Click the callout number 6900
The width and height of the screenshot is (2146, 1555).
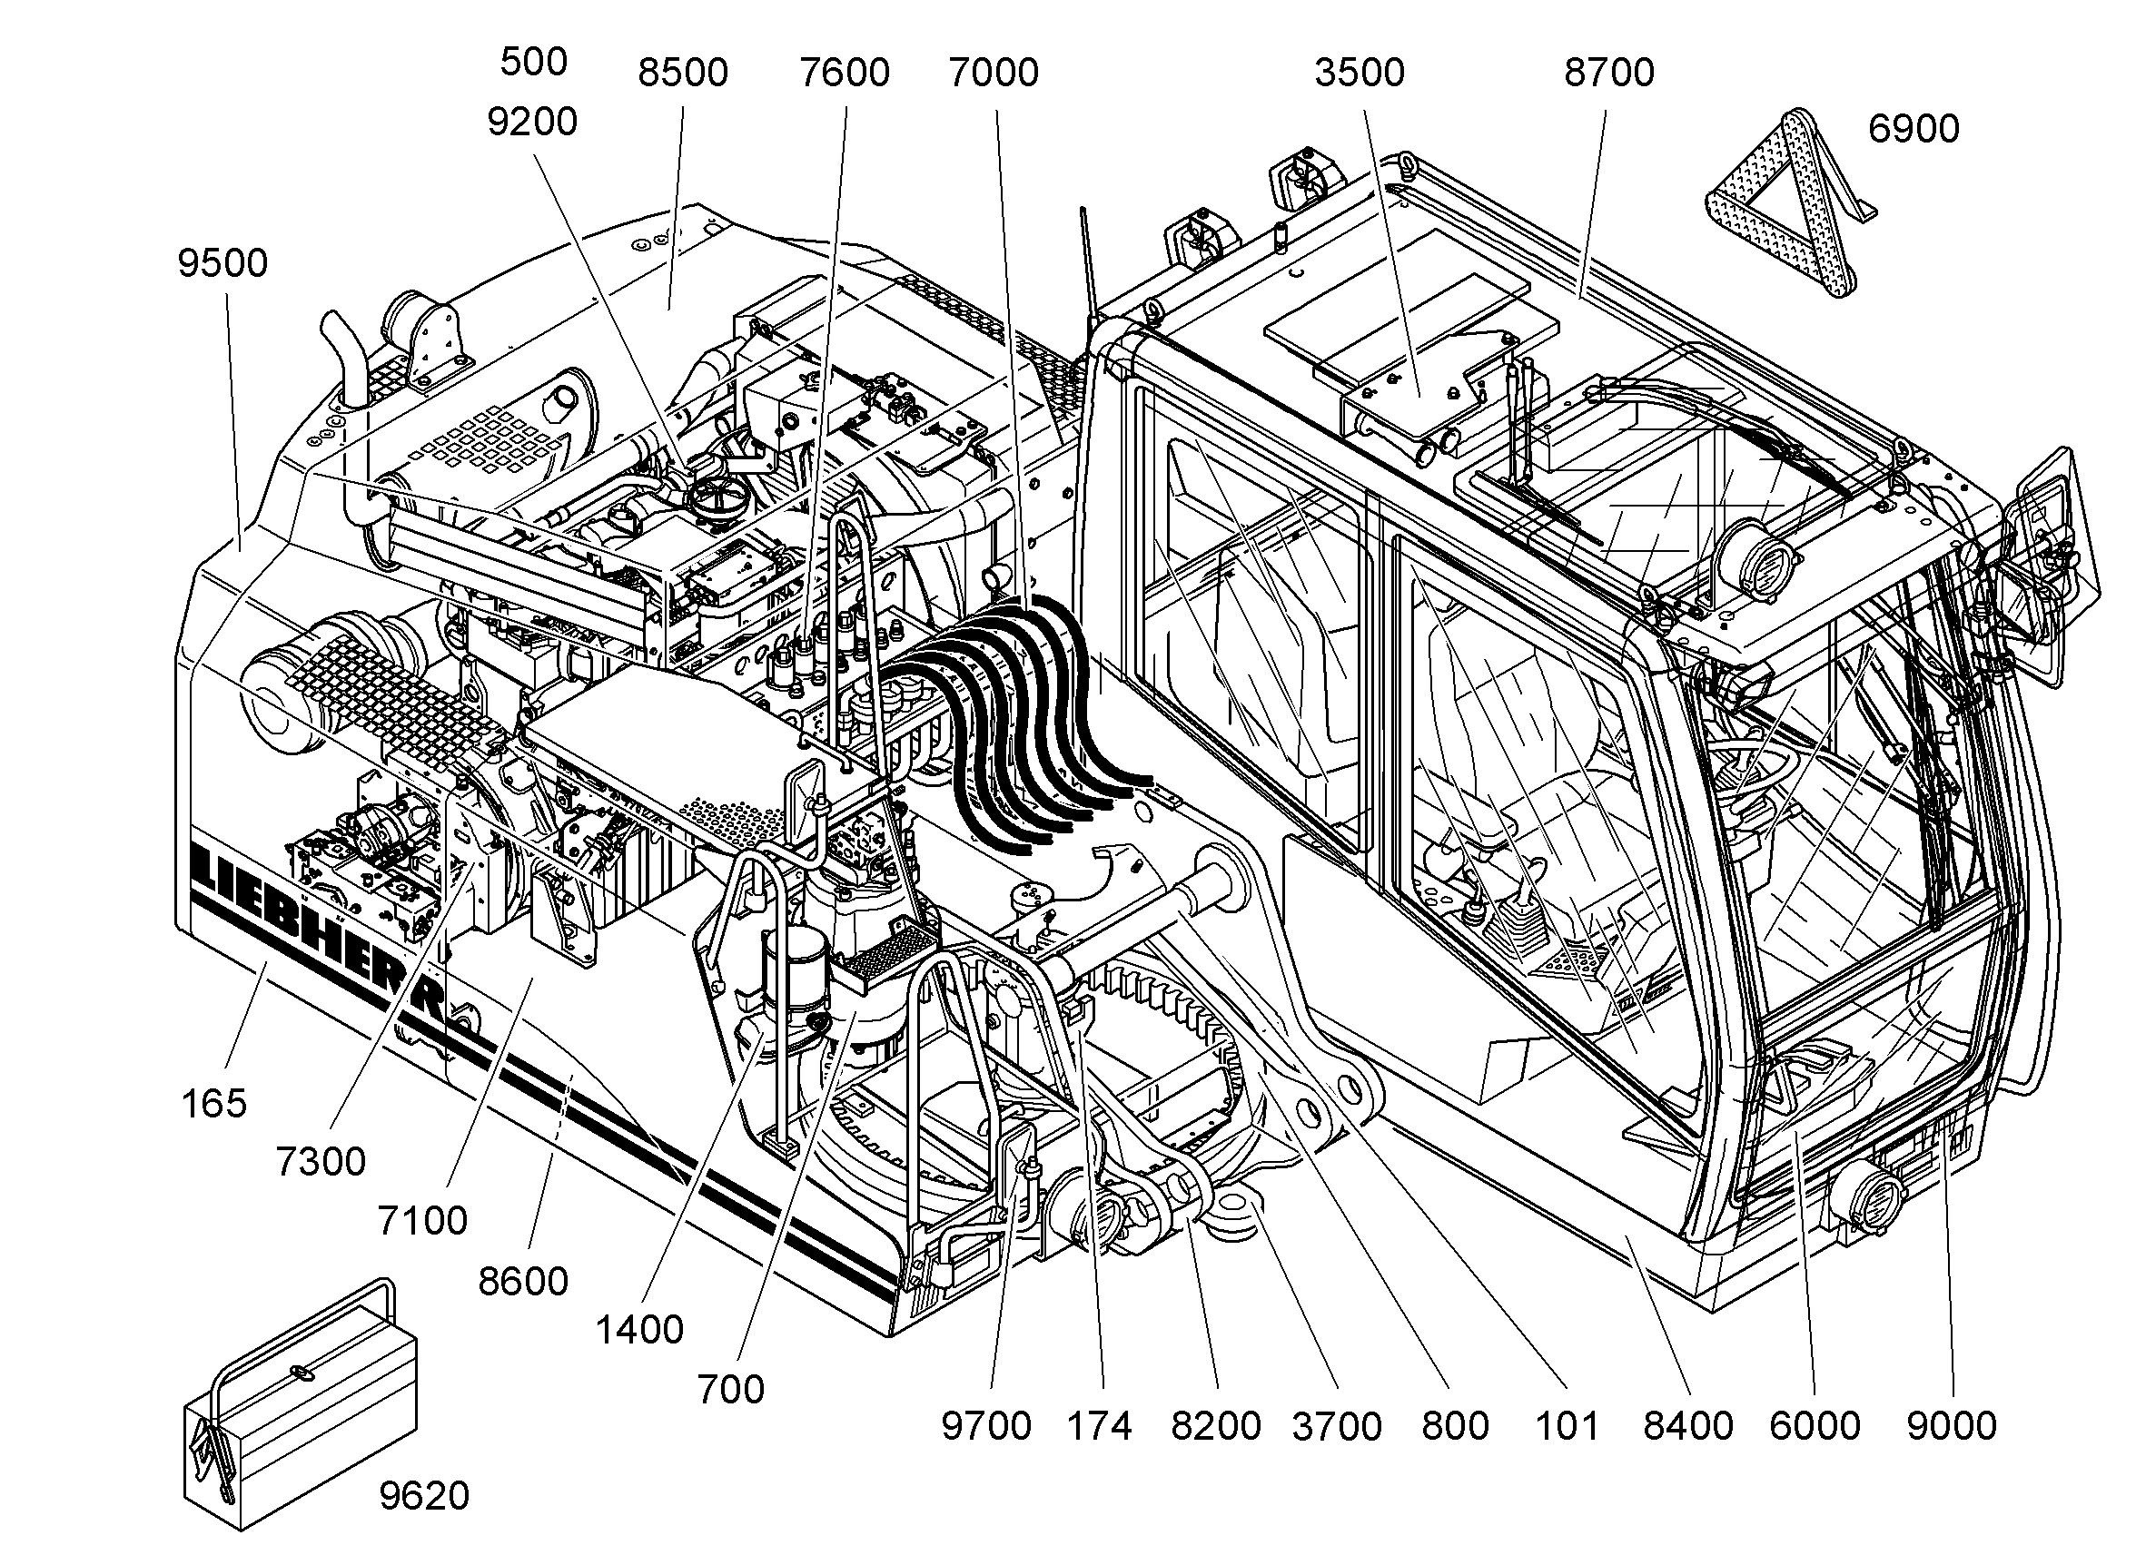point(1914,129)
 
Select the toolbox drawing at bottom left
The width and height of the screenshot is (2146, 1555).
point(301,1403)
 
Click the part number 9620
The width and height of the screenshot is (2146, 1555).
point(424,1495)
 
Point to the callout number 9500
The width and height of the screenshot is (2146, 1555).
point(223,263)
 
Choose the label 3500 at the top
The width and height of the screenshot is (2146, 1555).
point(1360,72)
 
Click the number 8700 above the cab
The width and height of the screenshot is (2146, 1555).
point(1609,72)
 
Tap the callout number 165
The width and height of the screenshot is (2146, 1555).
point(213,1103)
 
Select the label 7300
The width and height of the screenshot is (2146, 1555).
point(321,1162)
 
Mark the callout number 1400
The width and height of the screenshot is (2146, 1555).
point(639,1330)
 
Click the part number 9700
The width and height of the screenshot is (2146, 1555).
point(986,1426)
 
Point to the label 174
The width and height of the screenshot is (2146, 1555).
point(1100,1426)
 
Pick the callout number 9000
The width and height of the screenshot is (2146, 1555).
point(1951,1426)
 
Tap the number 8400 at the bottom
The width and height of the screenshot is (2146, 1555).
point(1688,1426)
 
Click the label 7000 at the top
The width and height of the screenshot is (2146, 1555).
point(994,72)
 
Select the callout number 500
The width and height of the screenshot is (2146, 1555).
point(534,62)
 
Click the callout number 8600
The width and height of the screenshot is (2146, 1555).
point(523,1282)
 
